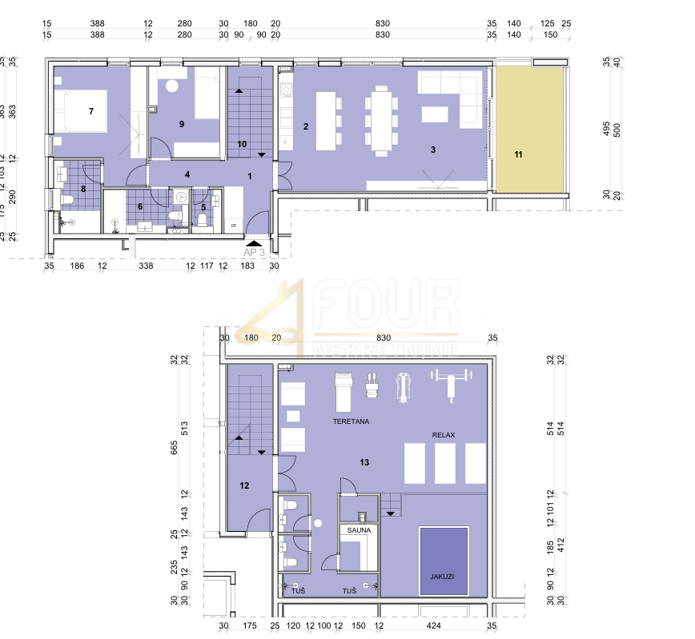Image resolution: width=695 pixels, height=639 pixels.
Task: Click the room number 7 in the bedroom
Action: [91, 111]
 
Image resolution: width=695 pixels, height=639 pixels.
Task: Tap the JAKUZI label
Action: [442, 576]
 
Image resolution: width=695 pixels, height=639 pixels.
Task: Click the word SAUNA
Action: [356, 529]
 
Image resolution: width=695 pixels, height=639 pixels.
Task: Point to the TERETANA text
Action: [352, 420]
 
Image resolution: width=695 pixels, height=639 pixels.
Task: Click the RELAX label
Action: [444, 435]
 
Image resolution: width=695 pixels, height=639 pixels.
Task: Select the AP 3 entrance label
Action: [253, 251]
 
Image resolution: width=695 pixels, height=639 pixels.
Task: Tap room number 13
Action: [364, 462]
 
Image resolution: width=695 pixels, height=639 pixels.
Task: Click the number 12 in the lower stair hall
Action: [244, 485]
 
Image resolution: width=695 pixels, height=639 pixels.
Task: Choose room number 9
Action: [182, 124]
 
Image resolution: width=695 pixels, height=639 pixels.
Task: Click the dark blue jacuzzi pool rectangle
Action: [443, 560]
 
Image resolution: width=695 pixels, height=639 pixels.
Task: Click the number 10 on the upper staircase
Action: [243, 144]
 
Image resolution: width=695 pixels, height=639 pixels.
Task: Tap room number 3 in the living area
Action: [432, 150]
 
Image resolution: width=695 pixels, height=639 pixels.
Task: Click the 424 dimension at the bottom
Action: [433, 625]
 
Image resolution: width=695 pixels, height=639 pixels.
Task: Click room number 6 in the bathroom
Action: [140, 206]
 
